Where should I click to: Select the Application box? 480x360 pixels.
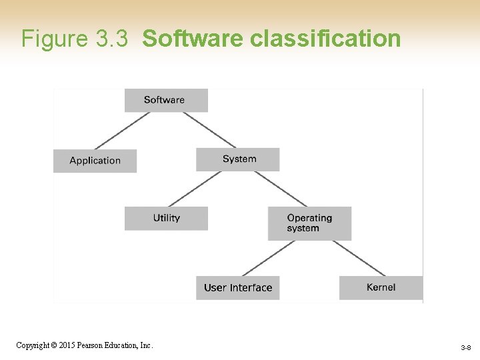click(95, 161)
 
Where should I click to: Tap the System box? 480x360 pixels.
click(238, 159)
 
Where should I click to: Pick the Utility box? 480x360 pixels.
click(166, 218)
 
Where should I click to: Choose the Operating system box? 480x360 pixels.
click(309, 223)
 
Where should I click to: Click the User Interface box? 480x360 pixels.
click(238, 288)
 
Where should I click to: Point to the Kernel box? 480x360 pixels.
click(381, 287)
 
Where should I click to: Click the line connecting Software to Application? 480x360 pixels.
click(123, 130)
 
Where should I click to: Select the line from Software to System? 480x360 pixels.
click(209, 130)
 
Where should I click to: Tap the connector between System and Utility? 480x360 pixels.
click(195, 189)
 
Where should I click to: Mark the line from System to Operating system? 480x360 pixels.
click(281, 189)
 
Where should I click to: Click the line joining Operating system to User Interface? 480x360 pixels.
click(269, 258)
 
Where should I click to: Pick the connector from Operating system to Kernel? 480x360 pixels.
click(359, 258)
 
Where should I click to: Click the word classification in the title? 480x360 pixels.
click(325, 39)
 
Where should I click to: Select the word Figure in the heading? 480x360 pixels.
click(55, 39)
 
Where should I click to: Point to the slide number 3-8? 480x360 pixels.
click(465, 348)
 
